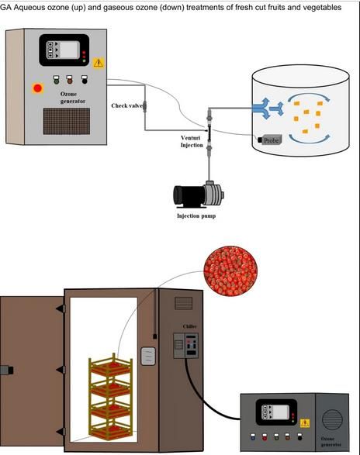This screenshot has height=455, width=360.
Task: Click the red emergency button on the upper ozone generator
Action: [x=37, y=88]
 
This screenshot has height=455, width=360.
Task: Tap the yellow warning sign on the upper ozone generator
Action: [x=99, y=63]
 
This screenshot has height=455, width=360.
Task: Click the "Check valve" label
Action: [x=127, y=105]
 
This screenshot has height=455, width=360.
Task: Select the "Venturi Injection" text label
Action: [x=192, y=141]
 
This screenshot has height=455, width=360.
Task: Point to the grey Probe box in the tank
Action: [x=270, y=140]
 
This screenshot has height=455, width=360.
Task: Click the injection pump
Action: [x=199, y=195]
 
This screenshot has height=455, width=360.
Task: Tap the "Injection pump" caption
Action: [x=196, y=216]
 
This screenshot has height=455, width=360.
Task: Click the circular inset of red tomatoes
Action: [x=230, y=271]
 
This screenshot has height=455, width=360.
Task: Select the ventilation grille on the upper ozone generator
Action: [x=67, y=121]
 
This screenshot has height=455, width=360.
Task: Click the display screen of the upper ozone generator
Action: [x=69, y=50]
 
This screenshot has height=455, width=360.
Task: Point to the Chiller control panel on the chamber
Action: [x=186, y=345]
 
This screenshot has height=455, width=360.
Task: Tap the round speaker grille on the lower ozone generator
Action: [x=332, y=419]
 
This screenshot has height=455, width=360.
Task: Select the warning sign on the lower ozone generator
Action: [x=304, y=423]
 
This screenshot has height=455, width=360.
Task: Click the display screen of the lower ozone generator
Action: [x=281, y=412]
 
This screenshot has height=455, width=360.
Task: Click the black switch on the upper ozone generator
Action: [x=85, y=80]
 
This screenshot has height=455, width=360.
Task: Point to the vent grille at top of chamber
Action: [x=183, y=303]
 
